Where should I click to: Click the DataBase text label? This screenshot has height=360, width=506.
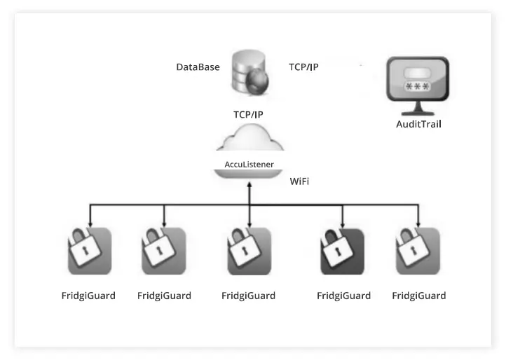point(198,67)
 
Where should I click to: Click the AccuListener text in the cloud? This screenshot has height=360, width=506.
point(249,164)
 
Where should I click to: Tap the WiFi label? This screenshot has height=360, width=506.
point(299,181)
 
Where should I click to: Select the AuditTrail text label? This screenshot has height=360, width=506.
point(418,124)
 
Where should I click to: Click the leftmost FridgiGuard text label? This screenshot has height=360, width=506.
point(88,296)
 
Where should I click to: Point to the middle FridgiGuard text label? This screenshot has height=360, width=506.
point(248,296)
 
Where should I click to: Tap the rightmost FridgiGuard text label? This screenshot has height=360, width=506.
point(418,296)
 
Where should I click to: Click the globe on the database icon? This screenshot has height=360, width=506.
point(259,81)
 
